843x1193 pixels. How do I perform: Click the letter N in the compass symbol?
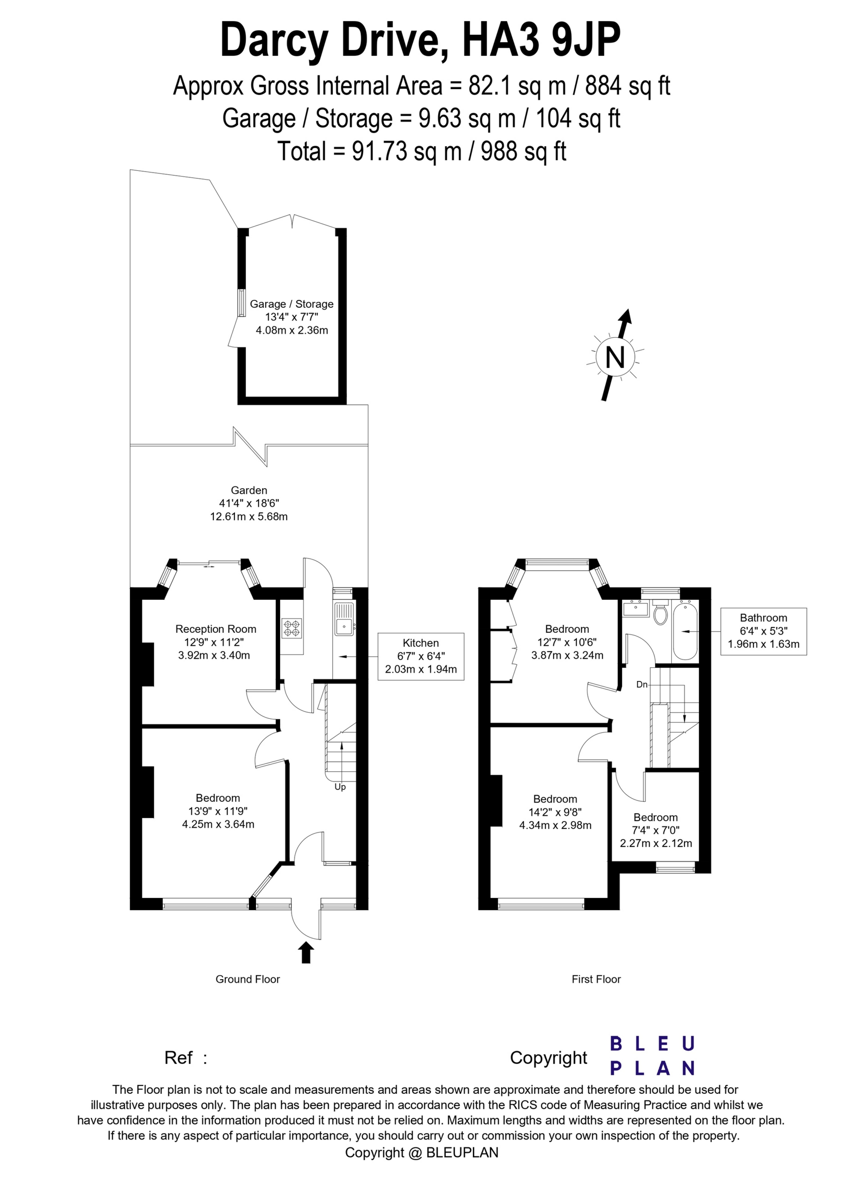point(616,357)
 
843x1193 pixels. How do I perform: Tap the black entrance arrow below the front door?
point(306,952)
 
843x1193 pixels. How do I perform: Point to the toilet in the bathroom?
point(661,613)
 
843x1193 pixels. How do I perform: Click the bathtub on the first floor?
point(685,630)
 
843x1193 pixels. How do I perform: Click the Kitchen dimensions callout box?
point(421,656)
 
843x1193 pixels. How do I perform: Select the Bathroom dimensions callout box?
point(764,631)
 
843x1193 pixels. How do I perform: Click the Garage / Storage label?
point(292,304)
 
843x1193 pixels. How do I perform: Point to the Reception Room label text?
point(216,629)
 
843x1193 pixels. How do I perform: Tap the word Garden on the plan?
point(249,490)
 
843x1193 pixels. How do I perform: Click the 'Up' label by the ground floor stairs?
point(340,787)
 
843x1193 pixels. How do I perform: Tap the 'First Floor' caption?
point(596,980)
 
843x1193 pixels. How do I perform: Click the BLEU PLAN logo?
point(652,1056)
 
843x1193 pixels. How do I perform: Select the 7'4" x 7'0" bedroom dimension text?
point(656,830)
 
